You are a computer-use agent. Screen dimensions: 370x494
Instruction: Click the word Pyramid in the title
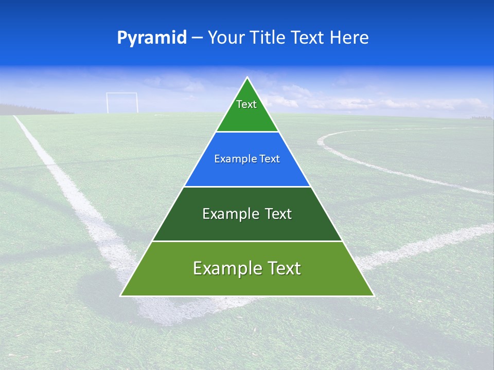point(151,38)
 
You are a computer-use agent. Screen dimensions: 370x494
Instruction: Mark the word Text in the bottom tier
point(285,268)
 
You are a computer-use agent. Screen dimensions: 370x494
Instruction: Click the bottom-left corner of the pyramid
point(121,295)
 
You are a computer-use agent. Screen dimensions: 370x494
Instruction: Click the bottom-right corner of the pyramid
point(373,295)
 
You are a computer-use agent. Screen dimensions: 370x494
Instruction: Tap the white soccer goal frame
point(122,102)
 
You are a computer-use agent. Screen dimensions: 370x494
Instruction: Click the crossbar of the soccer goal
point(122,93)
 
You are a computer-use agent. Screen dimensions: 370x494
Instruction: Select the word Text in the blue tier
point(270,159)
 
